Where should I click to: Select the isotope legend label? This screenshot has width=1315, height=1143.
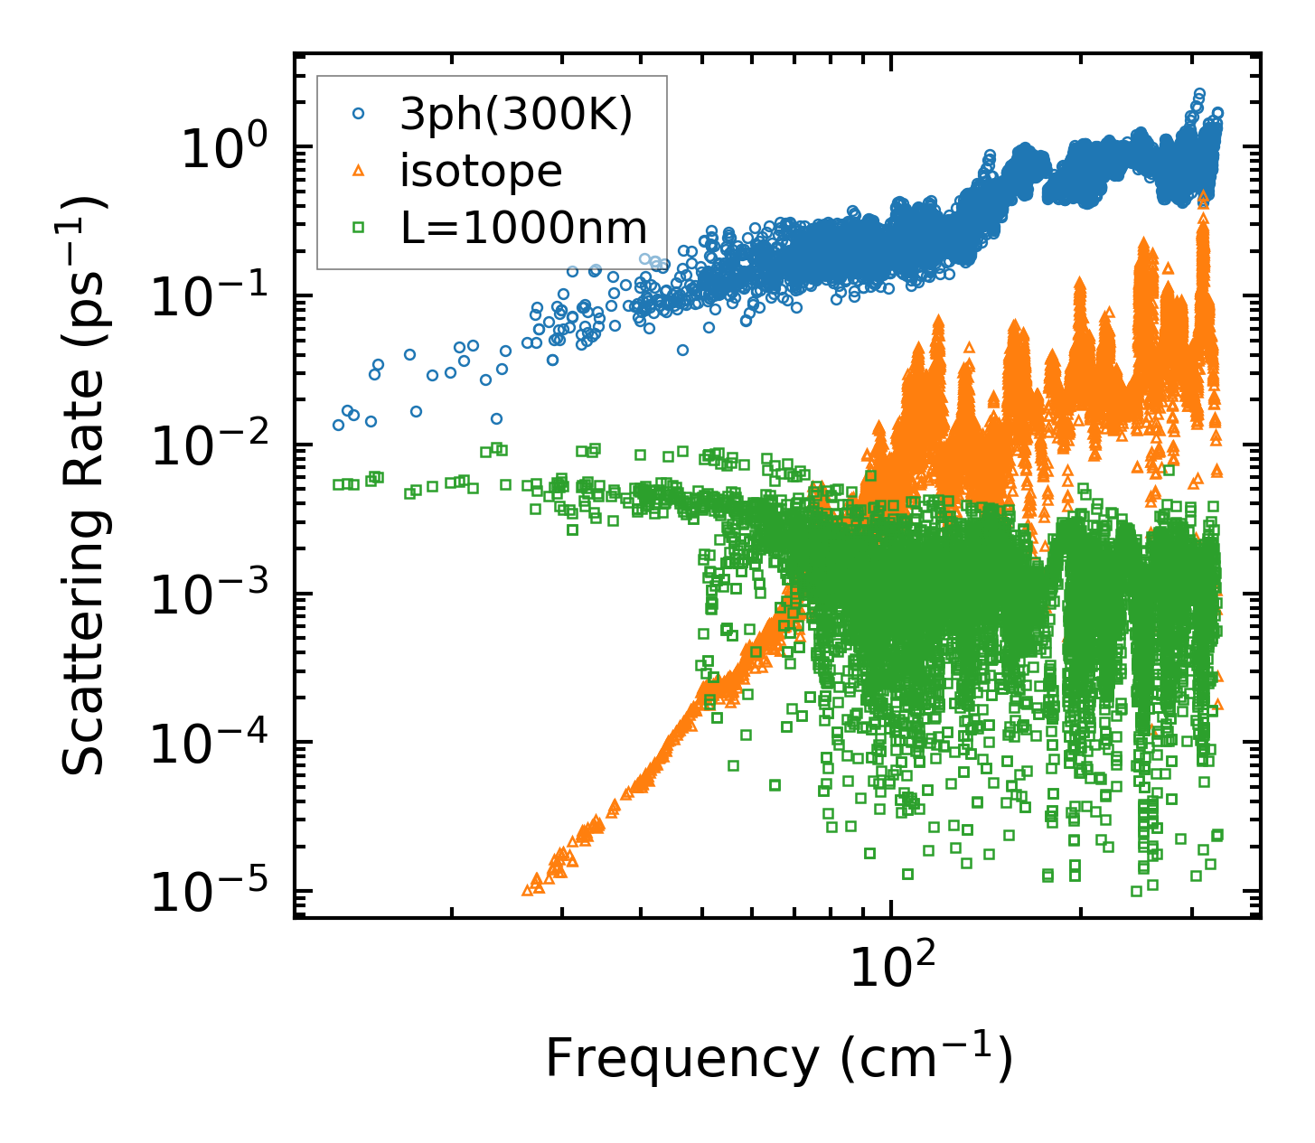pyautogui.click(x=481, y=171)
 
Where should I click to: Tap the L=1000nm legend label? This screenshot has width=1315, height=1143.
pyautogui.click(x=524, y=228)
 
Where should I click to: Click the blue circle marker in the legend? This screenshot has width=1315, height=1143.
pyautogui.click(x=359, y=114)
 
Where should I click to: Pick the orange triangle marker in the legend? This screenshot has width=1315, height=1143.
pyautogui.click(x=359, y=171)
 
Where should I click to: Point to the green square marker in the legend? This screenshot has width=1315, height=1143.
pyautogui.click(x=359, y=228)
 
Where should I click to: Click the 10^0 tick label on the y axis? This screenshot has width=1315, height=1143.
pyautogui.click(x=234, y=147)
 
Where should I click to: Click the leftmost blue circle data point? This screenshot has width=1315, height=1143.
pyautogui.click(x=339, y=425)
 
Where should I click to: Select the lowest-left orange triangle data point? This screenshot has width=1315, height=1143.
pyautogui.click(x=528, y=891)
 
